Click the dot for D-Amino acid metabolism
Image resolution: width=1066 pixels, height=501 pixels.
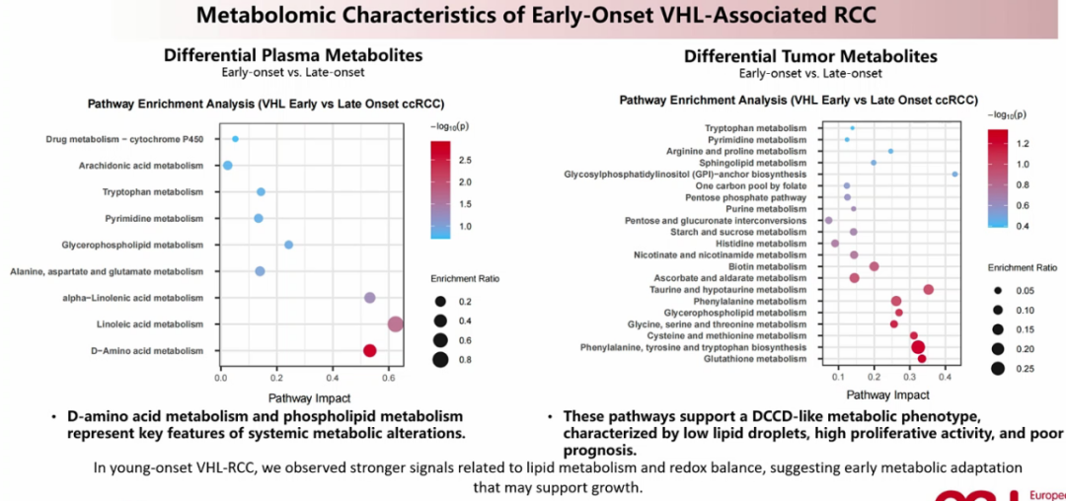(369, 350)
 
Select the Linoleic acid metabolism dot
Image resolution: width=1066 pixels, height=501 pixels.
(395, 324)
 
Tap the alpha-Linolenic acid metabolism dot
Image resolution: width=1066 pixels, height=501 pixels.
(370, 298)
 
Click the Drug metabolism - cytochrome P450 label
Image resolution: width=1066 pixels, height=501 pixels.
(124, 139)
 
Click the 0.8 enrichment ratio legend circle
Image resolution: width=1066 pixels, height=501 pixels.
(440, 360)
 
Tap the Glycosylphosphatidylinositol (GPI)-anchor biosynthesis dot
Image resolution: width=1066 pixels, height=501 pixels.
(954, 175)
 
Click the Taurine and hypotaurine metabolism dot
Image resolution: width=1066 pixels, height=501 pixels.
(928, 289)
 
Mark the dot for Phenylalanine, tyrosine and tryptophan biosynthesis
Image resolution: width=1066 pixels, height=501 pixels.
(918, 347)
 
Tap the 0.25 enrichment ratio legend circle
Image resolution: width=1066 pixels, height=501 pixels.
(998, 368)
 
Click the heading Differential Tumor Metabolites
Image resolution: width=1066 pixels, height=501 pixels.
(810, 56)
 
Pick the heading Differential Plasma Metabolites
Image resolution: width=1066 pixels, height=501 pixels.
(293, 55)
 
